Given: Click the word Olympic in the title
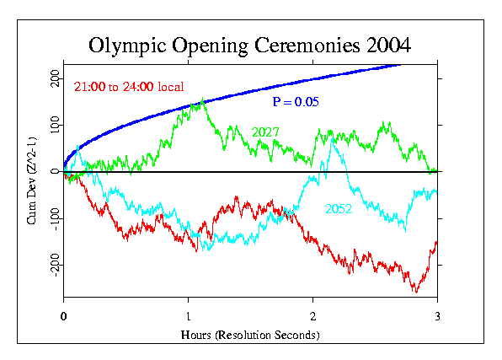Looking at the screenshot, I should [128, 44].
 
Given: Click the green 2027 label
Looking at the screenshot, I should [265, 132].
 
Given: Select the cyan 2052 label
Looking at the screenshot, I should [339, 208].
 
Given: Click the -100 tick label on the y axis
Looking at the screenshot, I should [52, 218].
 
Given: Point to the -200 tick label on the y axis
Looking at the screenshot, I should [52, 266].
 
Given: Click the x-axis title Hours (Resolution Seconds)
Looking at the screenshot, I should [250, 335].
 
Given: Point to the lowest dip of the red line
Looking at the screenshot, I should [415, 292].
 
